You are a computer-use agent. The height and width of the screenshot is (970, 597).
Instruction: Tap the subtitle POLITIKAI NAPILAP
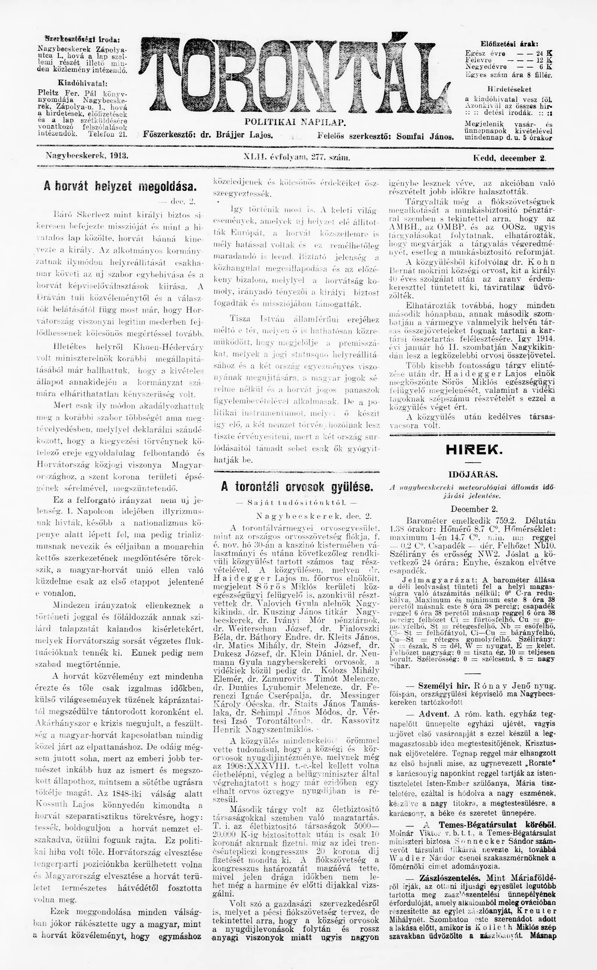coord(296,122)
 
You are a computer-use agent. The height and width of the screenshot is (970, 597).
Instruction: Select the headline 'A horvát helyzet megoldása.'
coord(120,186)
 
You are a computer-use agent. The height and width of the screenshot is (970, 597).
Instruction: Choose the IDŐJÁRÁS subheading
coord(473,474)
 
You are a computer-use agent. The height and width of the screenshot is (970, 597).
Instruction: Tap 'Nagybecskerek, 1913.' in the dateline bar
coord(87,156)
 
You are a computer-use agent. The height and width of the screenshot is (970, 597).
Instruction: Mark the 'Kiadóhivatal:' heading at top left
coord(82,84)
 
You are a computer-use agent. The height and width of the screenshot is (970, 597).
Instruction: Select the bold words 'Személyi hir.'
coord(444,685)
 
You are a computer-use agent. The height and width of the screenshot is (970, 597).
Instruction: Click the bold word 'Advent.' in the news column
coord(434,714)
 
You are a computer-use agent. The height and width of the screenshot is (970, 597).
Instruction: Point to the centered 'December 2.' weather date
coord(474,509)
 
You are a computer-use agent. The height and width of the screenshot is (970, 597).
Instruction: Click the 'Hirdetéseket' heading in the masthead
coord(509,89)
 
